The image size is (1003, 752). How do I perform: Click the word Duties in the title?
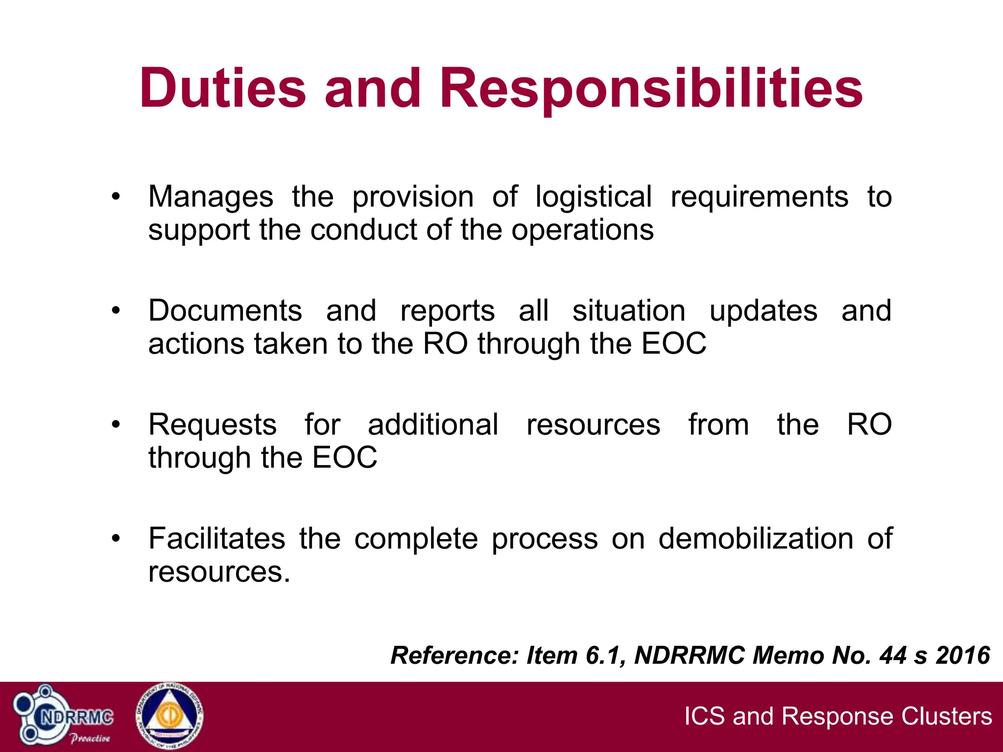click(x=223, y=89)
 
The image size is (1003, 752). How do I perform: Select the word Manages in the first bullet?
click(x=211, y=198)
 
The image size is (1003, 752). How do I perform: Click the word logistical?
click(x=594, y=198)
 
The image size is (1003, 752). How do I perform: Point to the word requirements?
click(x=759, y=198)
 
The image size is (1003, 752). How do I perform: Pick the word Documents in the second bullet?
click(x=225, y=311)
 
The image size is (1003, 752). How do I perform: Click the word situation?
click(x=629, y=311)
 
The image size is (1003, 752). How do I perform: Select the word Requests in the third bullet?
click(x=213, y=425)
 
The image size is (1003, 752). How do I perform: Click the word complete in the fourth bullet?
click(x=416, y=540)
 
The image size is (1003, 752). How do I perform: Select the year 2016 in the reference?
click(x=963, y=655)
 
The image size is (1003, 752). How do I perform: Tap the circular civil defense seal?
click(x=169, y=717)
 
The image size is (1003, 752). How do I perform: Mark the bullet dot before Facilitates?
click(x=116, y=539)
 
